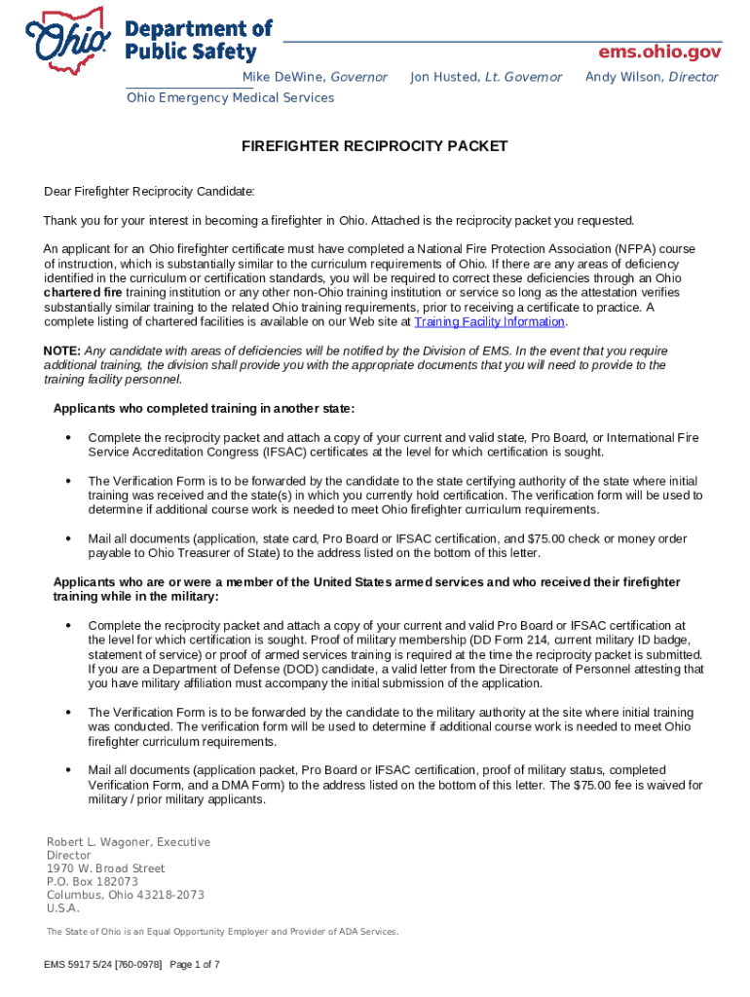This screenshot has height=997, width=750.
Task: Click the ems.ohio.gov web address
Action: click(x=659, y=51)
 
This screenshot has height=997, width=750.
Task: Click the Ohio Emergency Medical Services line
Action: click(x=230, y=97)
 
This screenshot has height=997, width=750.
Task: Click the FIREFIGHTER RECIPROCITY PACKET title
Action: click(x=375, y=146)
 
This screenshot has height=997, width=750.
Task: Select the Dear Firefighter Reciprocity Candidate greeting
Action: click(x=149, y=191)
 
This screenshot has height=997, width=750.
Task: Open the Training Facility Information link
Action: click(x=490, y=321)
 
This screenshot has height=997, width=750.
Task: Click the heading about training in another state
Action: click(x=205, y=407)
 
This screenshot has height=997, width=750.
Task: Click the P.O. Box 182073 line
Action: click(x=93, y=881)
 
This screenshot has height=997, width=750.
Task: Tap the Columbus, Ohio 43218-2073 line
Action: click(x=126, y=895)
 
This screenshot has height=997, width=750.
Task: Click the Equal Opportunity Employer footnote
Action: click(x=222, y=932)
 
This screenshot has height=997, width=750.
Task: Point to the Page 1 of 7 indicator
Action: click(x=195, y=964)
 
